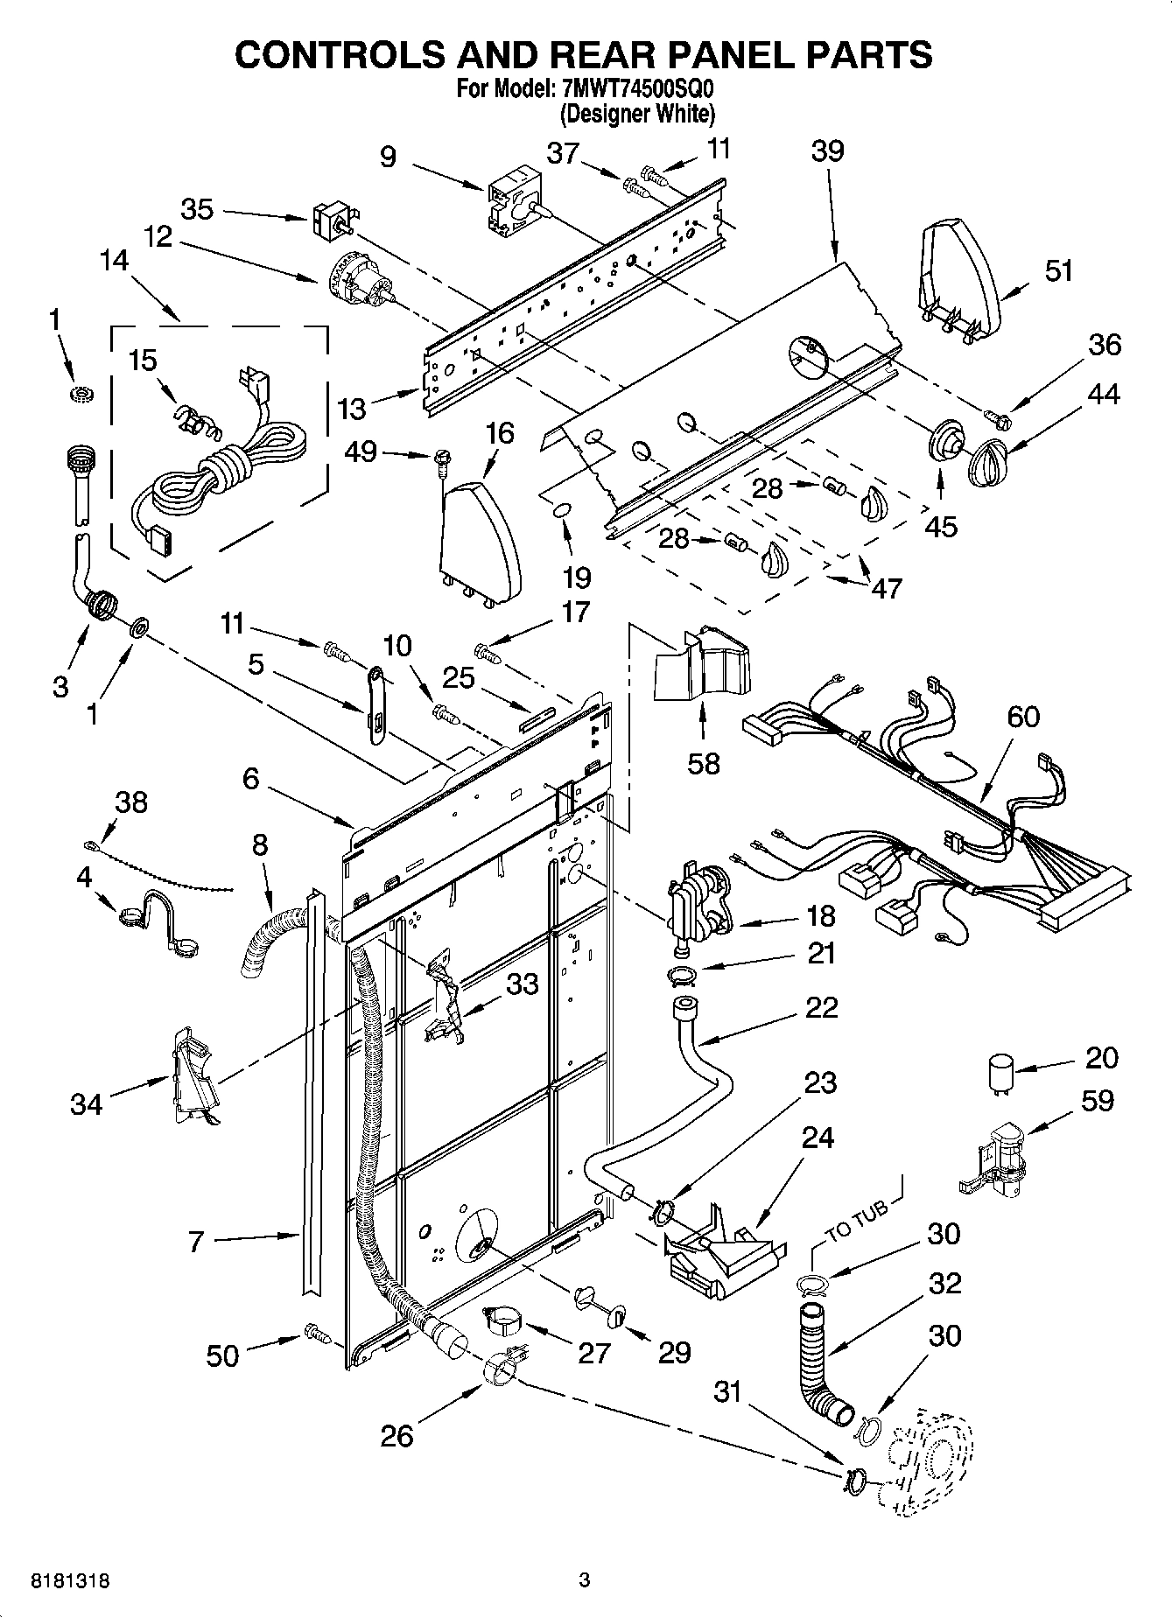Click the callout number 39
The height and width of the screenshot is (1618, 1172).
[x=826, y=151]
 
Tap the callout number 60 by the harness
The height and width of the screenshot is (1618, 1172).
[x=1023, y=717]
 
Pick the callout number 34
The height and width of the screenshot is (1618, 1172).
[x=87, y=1105]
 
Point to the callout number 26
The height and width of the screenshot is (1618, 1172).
[x=397, y=1436]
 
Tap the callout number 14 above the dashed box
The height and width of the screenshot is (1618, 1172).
[x=113, y=261]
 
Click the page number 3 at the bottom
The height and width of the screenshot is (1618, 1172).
[x=585, y=1580]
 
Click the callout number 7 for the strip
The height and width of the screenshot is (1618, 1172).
[x=195, y=1240]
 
